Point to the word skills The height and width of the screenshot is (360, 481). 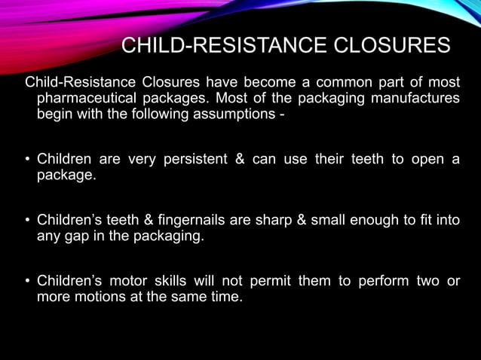click(168, 282)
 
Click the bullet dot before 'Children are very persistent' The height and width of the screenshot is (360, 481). click(27, 160)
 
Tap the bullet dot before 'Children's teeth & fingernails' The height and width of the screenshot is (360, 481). click(27, 221)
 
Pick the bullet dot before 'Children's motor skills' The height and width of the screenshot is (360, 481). click(27, 282)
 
